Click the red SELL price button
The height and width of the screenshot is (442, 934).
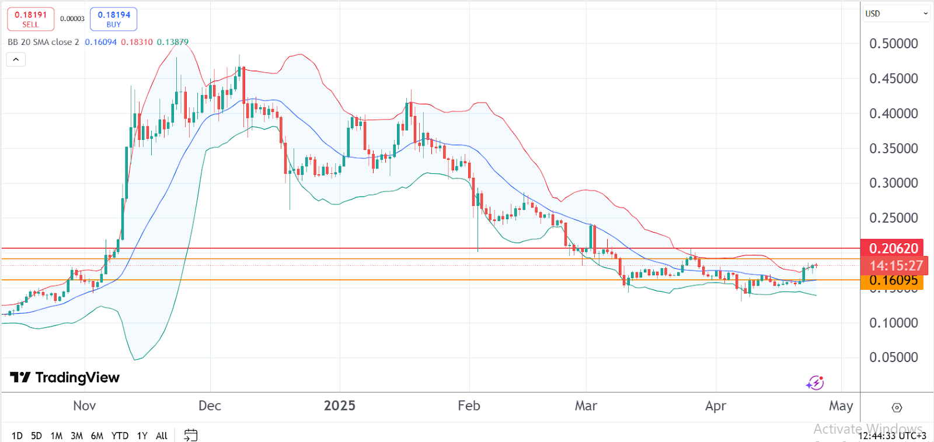(30, 19)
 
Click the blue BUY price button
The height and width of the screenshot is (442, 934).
(114, 19)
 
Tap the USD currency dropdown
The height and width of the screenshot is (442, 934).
(896, 13)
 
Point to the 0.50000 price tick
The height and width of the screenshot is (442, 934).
(893, 44)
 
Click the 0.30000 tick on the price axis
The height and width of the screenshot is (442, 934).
(893, 183)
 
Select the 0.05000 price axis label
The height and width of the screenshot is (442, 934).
(893, 357)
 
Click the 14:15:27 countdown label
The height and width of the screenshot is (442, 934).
(896, 266)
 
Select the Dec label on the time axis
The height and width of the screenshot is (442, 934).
(210, 406)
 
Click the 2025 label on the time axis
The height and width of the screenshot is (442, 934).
(340, 406)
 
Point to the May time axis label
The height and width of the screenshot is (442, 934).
(841, 406)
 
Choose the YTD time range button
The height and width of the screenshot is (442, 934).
(120, 436)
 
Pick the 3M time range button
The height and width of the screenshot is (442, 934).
(76, 436)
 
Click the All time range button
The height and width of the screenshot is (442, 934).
(162, 436)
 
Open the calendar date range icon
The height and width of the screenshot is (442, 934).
(191, 435)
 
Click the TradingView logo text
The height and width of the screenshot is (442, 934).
(65, 378)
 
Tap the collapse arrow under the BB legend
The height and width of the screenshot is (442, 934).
(16, 59)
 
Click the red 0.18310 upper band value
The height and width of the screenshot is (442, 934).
(137, 42)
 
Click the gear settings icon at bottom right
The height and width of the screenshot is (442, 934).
(897, 408)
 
